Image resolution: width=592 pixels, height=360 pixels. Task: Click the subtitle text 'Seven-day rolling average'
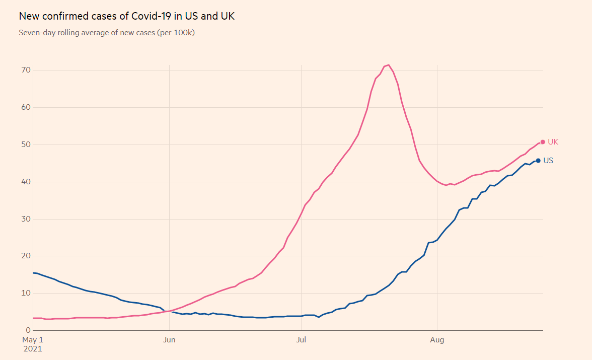click(x=65, y=33)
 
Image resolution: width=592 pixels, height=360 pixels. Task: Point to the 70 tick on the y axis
click(x=26, y=70)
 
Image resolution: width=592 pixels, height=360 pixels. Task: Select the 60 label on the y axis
click(x=26, y=107)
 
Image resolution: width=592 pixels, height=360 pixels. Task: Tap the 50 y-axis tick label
click(x=26, y=145)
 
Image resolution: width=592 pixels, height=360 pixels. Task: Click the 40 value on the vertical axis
click(x=26, y=182)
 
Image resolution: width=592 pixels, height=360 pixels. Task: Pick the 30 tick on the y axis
click(x=26, y=219)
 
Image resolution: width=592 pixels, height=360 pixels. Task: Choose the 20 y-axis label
click(x=26, y=256)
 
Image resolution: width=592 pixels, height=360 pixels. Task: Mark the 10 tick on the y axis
click(x=26, y=293)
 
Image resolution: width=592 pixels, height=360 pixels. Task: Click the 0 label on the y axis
click(x=28, y=330)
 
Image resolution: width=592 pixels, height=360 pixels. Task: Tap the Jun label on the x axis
click(x=170, y=340)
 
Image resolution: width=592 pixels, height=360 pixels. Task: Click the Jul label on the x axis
click(x=301, y=340)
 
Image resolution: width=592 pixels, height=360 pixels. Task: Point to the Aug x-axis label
click(x=437, y=340)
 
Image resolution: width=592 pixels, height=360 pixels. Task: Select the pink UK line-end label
click(x=553, y=142)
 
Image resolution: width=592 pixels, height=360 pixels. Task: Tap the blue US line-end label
click(x=548, y=161)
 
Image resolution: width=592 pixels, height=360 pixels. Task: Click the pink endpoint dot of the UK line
click(x=543, y=142)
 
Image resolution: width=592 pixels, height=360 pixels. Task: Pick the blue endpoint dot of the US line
click(x=538, y=161)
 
